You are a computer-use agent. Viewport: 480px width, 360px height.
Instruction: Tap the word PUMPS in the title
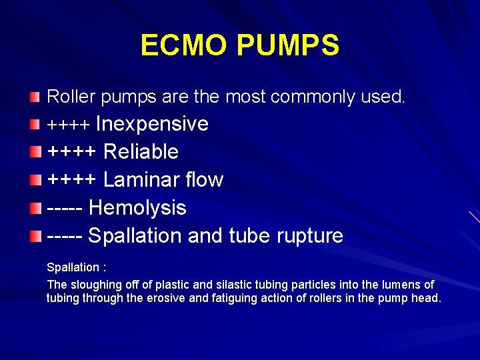coord(288,46)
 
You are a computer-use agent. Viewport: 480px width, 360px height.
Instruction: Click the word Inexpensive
coord(153,124)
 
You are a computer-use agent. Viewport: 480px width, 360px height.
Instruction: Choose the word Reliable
coord(141,152)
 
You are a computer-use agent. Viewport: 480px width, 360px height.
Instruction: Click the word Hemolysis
coord(137,208)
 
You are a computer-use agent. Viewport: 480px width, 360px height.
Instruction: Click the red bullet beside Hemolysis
coord(35,208)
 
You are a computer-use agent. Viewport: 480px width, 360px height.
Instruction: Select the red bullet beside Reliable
coord(35,152)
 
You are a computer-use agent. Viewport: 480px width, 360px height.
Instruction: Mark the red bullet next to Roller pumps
coord(35,98)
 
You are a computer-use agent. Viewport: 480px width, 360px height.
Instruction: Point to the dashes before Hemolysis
coord(65,208)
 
